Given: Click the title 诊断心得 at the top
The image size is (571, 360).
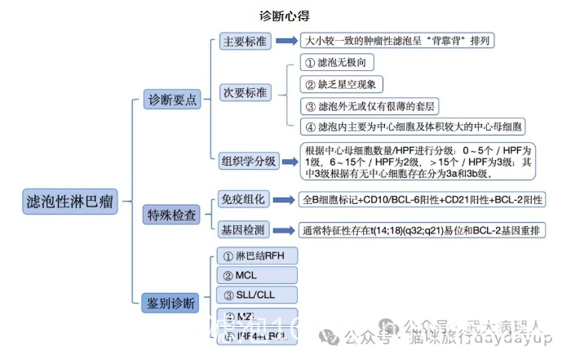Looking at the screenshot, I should tap(285, 16).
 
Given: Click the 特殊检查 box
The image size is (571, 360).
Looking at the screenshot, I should tap(171, 215).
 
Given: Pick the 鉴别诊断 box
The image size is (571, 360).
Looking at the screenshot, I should tap(171, 303).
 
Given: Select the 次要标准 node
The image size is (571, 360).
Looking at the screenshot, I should tap(245, 92).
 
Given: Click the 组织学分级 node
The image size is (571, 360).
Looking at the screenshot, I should tap(248, 161).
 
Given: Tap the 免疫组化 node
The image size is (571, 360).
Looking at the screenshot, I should tap(244, 199).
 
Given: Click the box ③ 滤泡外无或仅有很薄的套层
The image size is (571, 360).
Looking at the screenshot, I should tap(369, 105).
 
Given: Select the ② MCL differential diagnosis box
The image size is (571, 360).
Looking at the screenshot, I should tap(255, 275).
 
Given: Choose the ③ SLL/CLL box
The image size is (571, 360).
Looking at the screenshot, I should tap(255, 295).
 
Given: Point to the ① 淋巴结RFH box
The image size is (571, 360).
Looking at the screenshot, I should tap(255, 256).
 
